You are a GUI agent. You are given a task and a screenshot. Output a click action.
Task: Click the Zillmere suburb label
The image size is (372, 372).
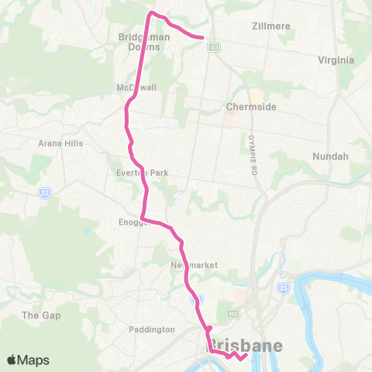pyautogui.click(x=271, y=26)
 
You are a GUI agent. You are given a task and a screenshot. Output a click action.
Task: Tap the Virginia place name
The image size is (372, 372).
pyautogui.click(x=336, y=60)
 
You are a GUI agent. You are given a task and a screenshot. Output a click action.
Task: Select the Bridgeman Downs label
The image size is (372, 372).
pyautogui.click(x=139, y=41)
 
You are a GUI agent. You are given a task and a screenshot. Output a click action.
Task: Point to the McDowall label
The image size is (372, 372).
pyautogui.click(x=136, y=87)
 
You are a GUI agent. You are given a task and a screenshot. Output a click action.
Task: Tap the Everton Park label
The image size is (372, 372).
pyautogui.click(x=141, y=173)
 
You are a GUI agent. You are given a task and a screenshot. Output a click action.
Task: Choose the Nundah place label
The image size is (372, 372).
pyautogui.click(x=330, y=156)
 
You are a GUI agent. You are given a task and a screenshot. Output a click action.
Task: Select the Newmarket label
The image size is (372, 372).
pyautogui.click(x=194, y=265)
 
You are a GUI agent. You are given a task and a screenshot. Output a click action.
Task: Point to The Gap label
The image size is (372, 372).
pyautogui.click(x=41, y=315)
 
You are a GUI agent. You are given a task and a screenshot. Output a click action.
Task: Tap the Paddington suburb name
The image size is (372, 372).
pyautogui.click(x=153, y=329)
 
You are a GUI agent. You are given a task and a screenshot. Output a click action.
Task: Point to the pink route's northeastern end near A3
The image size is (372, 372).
pyautogui.click(x=202, y=36)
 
